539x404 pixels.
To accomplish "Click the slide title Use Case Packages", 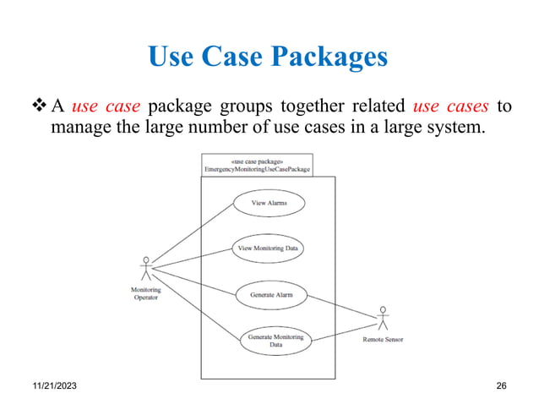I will pyautogui.click(x=268, y=57).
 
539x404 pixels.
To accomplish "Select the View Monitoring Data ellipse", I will pyautogui.click(x=268, y=248).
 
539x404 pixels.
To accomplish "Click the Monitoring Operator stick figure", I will pyautogui.click(x=146, y=269).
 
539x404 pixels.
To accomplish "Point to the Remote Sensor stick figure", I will pyautogui.click(x=382, y=319).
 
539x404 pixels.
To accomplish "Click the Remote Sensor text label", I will pyautogui.click(x=383, y=340).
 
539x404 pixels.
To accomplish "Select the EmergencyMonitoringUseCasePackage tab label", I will pyautogui.click(x=257, y=169).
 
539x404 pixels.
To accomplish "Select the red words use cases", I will pyautogui.click(x=451, y=107).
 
